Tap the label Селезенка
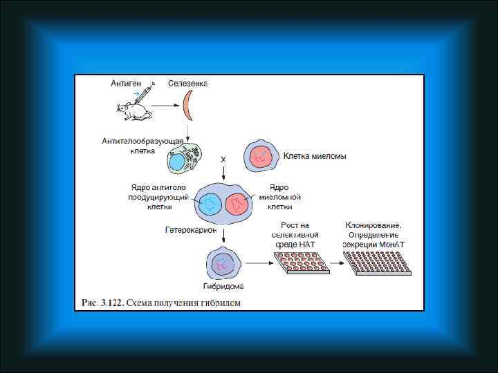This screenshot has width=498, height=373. pyautogui.click(x=188, y=84)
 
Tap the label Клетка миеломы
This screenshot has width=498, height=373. pyautogui.click(x=315, y=156)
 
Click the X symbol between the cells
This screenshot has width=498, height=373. pyautogui.click(x=223, y=160)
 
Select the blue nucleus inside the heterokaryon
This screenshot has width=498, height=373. pyautogui.click(x=210, y=204)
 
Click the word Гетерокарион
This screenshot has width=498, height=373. pyautogui.click(x=191, y=229)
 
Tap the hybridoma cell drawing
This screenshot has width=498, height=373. pyautogui.click(x=223, y=263)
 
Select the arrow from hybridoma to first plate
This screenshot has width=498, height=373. pyautogui.click(x=257, y=262)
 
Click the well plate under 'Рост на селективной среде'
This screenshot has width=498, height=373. pyautogui.click(x=300, y=262)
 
